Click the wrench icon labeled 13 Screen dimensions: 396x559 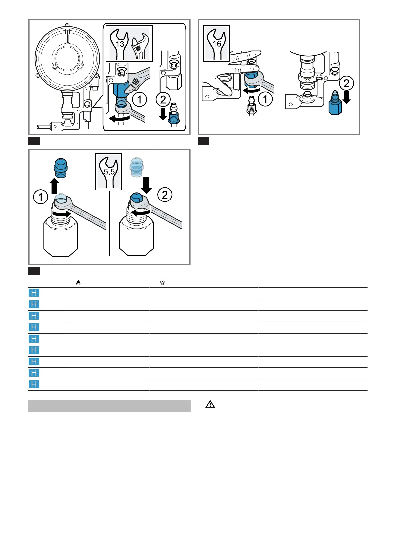click(119, 44)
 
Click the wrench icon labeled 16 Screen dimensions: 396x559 click(216, 43)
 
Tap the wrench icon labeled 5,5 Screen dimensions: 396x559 click(108, 172)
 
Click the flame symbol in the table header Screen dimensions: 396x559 click(78, 283)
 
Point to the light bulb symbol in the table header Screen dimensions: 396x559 click(162, 283)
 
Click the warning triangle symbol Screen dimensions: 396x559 click(210, 405)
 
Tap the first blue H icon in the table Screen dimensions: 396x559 click(34, 293)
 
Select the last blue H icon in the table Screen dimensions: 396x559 click(34, 384)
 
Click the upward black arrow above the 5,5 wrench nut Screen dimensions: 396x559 click(54, 186)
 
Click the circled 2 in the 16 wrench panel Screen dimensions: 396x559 click(346, 83)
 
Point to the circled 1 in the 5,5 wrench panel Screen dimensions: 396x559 click(41, 197)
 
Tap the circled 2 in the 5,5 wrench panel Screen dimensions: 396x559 click(165, 195)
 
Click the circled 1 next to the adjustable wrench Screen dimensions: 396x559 click(139, 100)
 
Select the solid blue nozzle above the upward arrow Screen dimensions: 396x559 click(61, 167)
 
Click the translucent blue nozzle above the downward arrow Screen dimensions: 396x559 click(137, 167)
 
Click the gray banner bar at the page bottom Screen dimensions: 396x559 click(109, 406)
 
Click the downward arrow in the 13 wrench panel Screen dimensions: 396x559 click(163, 114)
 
